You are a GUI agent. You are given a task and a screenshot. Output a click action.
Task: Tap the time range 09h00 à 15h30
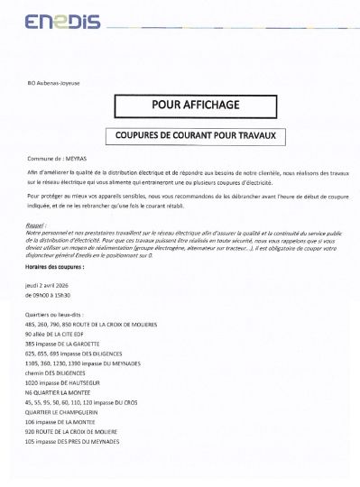[51, 294]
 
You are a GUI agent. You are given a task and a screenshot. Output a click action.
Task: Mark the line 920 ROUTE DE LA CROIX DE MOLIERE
[84, 432]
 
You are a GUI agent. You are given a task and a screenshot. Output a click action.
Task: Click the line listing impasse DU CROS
[87, 403]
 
